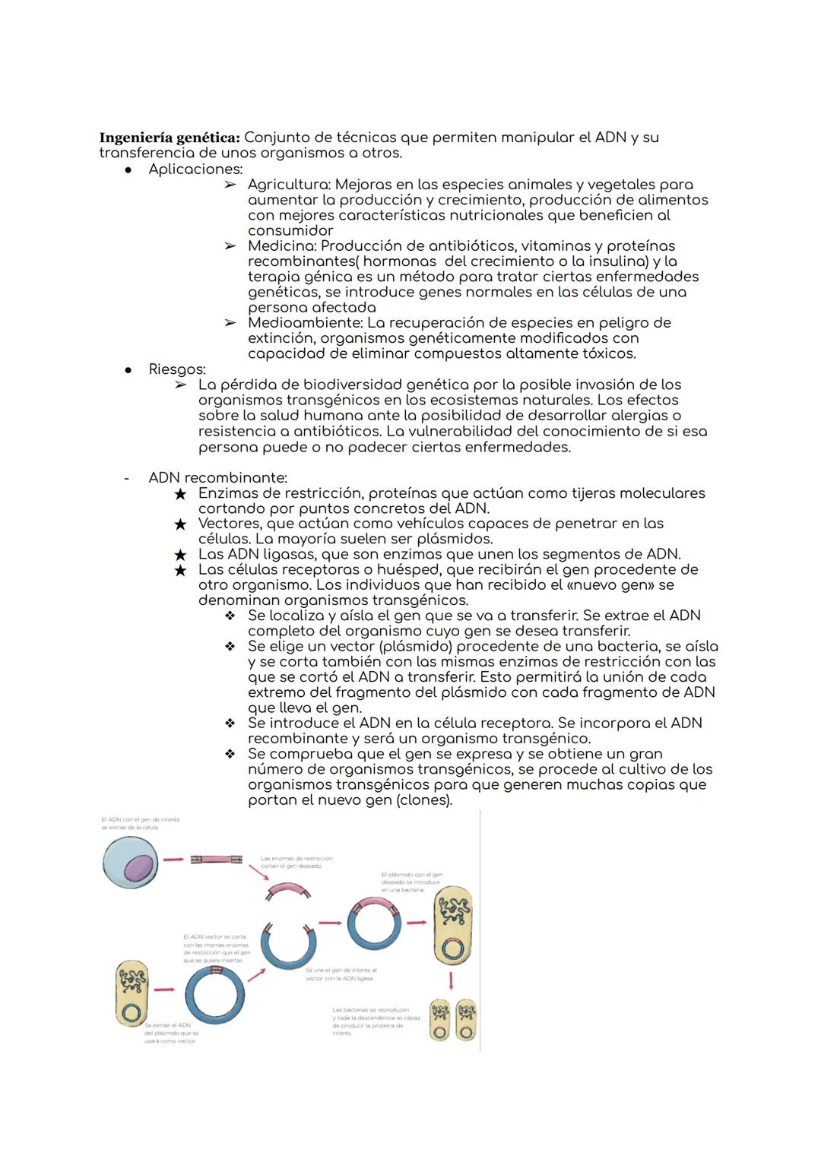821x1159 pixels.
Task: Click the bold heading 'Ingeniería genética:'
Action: [170, 138]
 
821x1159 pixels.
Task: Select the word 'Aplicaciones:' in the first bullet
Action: [195, 169]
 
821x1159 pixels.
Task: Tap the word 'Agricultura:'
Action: [289, 185]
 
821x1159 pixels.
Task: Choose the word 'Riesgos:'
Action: [177, 369]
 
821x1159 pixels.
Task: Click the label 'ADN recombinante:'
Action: [217, 478]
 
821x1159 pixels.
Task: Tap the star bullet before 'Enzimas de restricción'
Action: [179, 494]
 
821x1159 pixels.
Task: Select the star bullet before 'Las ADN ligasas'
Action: [179, 555]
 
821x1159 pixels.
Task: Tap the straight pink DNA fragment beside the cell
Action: [216, 860]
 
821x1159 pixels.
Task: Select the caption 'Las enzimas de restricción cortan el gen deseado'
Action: [296, 862]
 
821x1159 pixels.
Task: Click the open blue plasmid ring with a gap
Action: [288, 946]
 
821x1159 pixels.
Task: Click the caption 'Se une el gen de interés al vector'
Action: [341, 974]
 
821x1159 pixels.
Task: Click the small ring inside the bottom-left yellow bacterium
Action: [132, 1014]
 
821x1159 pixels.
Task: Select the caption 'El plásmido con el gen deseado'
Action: [411, 882]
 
